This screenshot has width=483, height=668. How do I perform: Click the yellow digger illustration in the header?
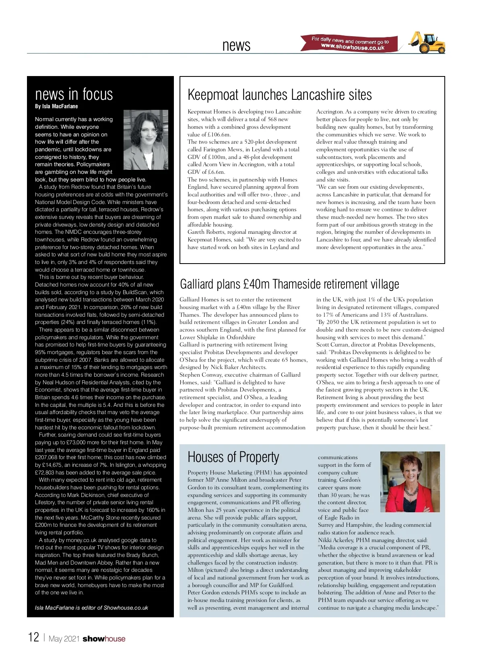click(427, 42)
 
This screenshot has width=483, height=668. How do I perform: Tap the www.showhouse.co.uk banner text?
click(353, 47)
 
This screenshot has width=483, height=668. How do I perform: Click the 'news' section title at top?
click(236, 45)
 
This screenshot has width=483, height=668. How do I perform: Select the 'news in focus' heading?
click(74, 94)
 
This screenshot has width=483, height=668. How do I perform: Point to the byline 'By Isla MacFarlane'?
click(56, 106)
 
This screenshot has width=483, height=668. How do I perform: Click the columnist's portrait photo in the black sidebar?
click(145, 140)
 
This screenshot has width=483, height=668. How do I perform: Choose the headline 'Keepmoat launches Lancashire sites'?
click(279, 95)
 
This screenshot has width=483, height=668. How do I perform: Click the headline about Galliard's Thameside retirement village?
click(289, 284)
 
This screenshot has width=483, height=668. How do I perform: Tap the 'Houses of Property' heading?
click(233, 457)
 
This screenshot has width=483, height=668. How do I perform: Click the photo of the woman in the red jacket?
click(410, 482)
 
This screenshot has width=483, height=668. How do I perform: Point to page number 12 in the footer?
click(33, 637)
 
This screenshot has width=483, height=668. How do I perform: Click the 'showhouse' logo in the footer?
click(104, 639)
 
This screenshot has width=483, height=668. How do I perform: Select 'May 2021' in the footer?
click(64, 639)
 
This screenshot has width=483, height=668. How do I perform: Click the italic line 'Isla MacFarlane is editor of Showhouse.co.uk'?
click(91, 608)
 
